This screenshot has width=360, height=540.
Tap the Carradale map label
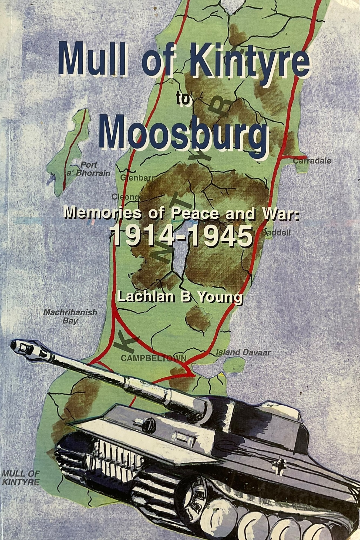coord(312,161)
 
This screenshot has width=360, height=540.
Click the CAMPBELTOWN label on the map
coord(153,358)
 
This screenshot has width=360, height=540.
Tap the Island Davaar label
coord(243,352)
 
